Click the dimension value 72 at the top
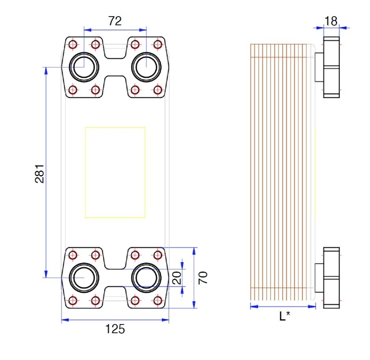[115, 21]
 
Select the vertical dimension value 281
[40, 174]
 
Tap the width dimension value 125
[115, 329]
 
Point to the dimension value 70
[204, 278]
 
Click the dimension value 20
[177, 278]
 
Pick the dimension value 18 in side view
[331, 21]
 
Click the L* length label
[284, 316]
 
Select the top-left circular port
[84, 67]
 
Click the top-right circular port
[147, 67]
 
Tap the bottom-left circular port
[84, 278]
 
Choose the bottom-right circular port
[147, 278]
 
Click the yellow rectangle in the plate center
[115, 172]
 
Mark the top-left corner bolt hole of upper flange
[73, 45]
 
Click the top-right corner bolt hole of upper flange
[157, 45]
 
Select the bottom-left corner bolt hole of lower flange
[73, 300]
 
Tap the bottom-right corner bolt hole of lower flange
[157, 300]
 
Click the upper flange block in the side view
[331, 67]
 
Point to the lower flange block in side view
[331, 278]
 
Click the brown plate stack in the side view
[278, 172]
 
